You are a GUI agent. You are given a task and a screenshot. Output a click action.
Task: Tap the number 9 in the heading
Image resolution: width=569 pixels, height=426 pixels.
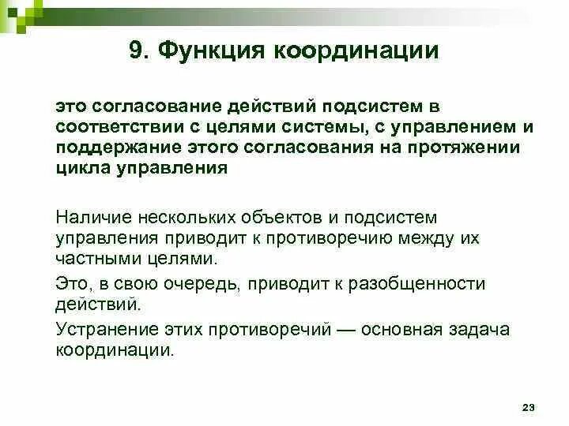tap(135, 51)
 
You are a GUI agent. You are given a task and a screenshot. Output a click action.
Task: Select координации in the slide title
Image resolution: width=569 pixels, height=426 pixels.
tap(356, 51)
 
